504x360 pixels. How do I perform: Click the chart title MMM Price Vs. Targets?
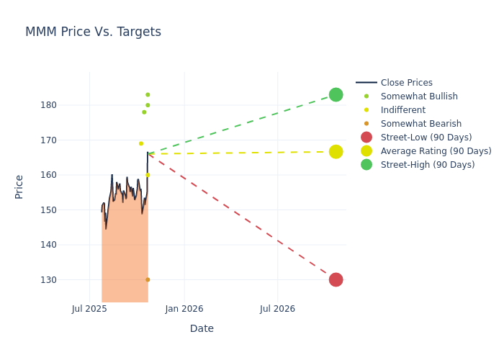93,32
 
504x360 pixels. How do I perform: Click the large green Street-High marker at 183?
336,95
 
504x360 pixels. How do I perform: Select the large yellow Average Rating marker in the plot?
336,152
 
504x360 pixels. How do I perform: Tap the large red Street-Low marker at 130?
336,279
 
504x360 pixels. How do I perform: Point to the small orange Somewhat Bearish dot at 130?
148,279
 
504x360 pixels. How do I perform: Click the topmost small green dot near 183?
148,95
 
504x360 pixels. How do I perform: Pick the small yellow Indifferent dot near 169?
141,143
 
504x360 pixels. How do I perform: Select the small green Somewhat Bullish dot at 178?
144,112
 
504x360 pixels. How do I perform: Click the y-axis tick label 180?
68,105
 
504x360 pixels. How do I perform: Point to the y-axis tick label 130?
68,280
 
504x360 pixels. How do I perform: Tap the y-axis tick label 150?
68,210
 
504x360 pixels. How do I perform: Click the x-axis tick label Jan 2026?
184,309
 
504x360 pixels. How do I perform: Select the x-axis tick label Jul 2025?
89,309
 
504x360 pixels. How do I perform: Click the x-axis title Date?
202,329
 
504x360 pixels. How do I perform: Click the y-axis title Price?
19,186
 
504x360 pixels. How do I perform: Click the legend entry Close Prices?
406,83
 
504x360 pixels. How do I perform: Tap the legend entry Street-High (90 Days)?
427,165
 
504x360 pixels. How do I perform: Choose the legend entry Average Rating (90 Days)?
436,151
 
